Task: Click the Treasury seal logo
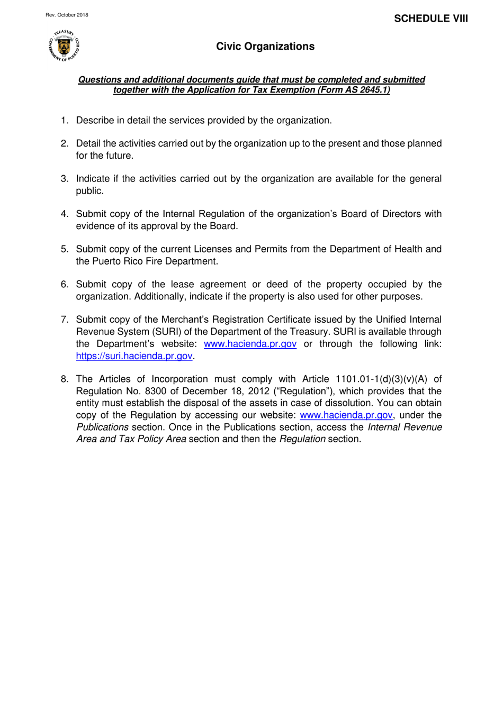pos(64,46)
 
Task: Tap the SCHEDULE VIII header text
pos(430,19)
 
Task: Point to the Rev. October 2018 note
pos(67,15)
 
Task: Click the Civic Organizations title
pos(265,47)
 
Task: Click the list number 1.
pos(64,121)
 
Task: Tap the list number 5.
pos(64,249)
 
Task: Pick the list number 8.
pos(64,379)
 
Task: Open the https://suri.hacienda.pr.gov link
pos(134,356)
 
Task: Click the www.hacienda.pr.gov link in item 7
pos(250,344)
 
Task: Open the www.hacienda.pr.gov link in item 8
pos(346,415)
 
